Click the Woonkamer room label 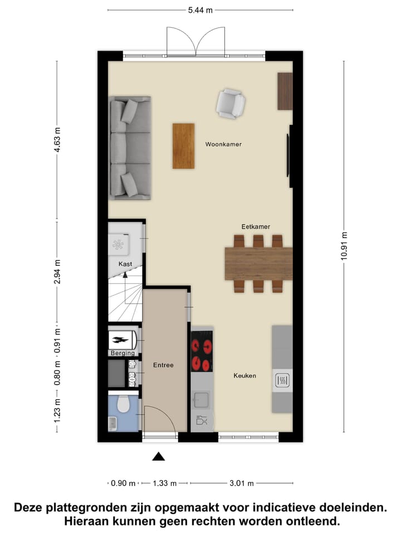pyautogui.click(x=223, y=144)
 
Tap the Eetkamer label pyautogui.click(x=256, y=227)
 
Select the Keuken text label pyautogui.click(x=244, y=376)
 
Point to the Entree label pyautogui.click(x=164, y=366)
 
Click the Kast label pyautogui.click(x=125, y=264)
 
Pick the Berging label pyautogui.click(x=122, y=353)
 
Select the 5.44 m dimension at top pyautogui.click(x=200, y=10)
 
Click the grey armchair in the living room pyautogui.click(x=231, y=104)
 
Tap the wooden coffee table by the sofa pyautogui.click(x=183, y=146)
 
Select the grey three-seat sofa pyautogui.click(x=130, y=148)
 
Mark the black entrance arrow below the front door pyautogui.click(x=159, y=457)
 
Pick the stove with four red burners pyautogui.click(x=202, y=351)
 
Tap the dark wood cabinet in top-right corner pyautogui.click(x=285, y=91)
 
